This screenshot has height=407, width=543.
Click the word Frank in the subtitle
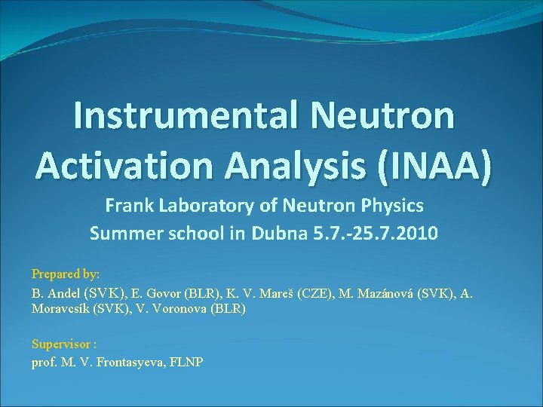coord(126,205)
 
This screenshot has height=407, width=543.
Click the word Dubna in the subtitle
coord(278,233)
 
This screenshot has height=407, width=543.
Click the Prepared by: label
coord(66,274)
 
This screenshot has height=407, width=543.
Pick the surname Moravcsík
coord(60,309)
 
